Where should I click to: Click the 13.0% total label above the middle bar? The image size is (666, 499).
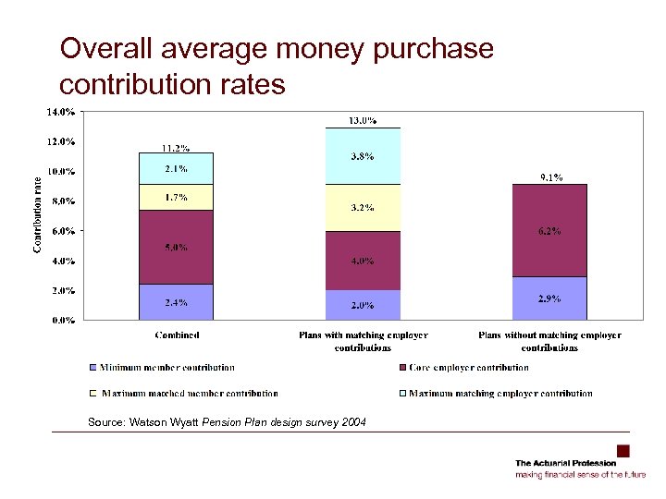tap(362, 120)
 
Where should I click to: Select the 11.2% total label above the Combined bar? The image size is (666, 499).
tap(176, 148)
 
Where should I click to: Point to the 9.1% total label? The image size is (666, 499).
tap(549, 177)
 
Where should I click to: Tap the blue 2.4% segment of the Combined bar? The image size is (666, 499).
tap(176, 302)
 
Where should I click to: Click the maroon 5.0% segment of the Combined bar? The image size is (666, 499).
tap(176, 248)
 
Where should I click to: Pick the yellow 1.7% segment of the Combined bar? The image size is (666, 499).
tap(176, 197)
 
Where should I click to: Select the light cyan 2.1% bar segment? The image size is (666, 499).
tap(176, 168)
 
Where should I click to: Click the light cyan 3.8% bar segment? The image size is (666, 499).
tap(362, 156)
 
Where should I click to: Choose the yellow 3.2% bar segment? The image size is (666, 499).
tap(362, 208)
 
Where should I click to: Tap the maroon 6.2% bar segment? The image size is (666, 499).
tap(549, 230)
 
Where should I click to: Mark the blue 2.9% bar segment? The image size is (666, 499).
tap(549, 298)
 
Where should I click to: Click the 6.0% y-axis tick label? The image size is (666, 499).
tap(63, 231)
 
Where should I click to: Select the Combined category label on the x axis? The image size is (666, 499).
tap(177, 335)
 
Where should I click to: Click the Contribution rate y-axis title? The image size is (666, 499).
tap(38, 214)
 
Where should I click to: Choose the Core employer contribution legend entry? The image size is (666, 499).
tap(471, 368)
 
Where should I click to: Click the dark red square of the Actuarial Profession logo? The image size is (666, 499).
tap(623, 451)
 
